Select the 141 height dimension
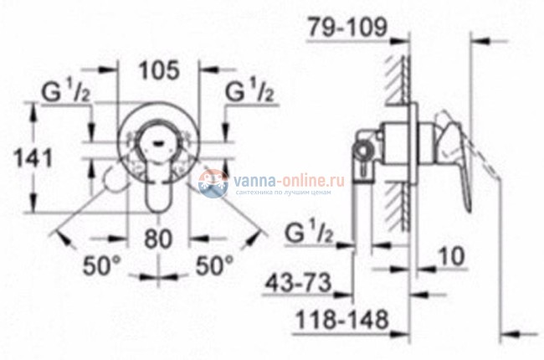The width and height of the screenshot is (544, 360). click(x=34, y=157)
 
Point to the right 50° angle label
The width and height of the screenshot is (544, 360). click(x=214, y=267)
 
